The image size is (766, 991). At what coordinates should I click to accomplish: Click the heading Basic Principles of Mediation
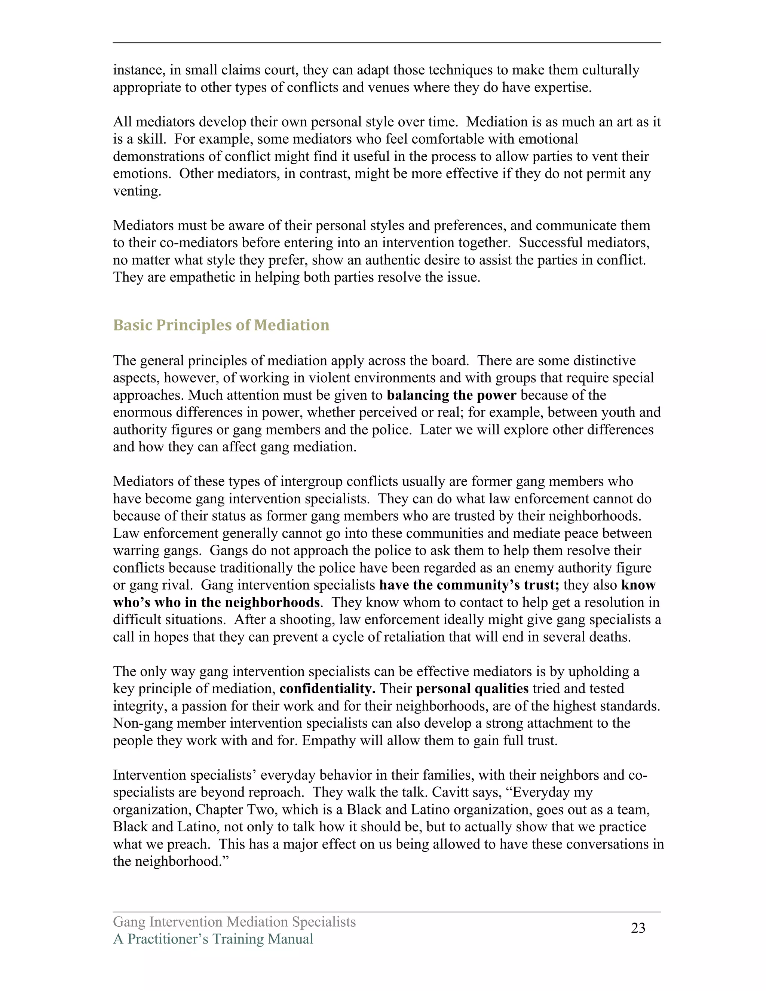coord(221,325)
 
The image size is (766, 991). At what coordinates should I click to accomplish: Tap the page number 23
coord(638,929)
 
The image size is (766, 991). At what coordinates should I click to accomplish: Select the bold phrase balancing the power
coord(451,395)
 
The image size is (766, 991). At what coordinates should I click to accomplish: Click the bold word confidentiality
coord(327,689)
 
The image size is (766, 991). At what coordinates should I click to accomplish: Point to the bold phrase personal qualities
coord(472,689)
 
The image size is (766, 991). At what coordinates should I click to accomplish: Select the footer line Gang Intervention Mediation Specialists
coord(234,922)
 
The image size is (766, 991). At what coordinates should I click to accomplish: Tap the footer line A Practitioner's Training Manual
coord(213,939)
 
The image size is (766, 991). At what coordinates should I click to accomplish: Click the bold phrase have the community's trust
coord(469,585)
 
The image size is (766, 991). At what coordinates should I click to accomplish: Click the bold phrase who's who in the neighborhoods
coord(217,602)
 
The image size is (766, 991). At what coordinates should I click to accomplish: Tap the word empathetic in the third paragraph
coord(204,277)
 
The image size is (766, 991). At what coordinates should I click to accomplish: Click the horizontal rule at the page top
coord(387,43)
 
